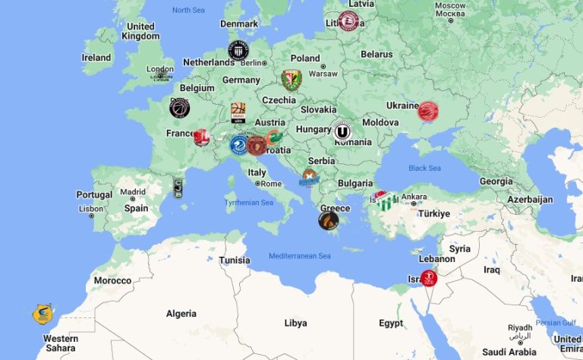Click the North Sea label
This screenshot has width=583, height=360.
tap(188, 10)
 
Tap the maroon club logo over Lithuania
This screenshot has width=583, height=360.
tap(348, 21)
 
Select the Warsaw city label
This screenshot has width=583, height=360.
tap(323, 74)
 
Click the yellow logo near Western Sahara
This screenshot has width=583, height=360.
tap(43, 314)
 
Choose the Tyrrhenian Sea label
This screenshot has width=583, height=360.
tap(248, 203)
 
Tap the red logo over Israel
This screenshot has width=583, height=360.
tap(429, 278)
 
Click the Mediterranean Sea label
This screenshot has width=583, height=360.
tap(300, 256)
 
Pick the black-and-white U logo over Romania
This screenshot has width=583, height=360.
tap(342, 131)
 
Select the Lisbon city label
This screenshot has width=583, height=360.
tap(90, 208)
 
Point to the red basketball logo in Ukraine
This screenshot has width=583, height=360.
tap(428, 112)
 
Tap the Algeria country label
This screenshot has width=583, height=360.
tap(181, 314)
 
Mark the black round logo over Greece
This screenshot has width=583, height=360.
tap(328, 221)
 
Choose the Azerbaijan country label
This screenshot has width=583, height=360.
tap(529, 200)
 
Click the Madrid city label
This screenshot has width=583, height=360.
tap(133, 192)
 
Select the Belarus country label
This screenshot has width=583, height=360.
tap(377, 55)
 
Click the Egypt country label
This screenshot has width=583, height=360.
tap(391, 323)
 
